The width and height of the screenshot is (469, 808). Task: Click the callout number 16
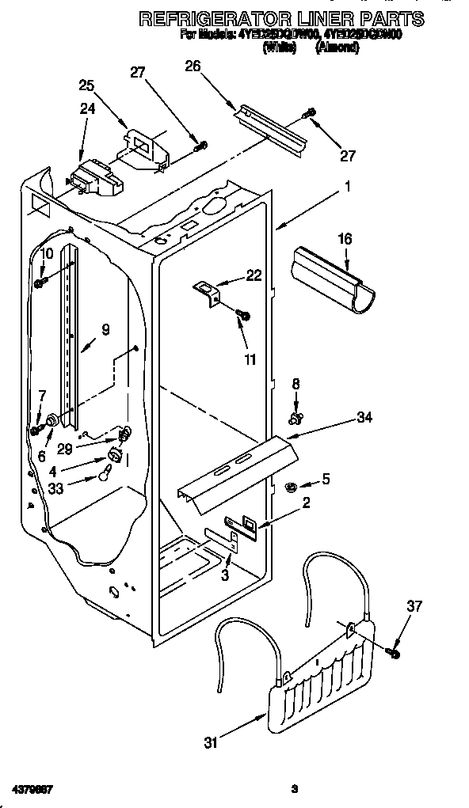345,238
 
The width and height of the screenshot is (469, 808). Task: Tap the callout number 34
364,417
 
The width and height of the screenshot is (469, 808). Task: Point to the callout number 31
212,742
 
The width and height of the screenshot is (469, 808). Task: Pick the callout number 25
87,85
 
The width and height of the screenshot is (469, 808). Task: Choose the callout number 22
254,275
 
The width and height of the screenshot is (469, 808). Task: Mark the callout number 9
105,330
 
